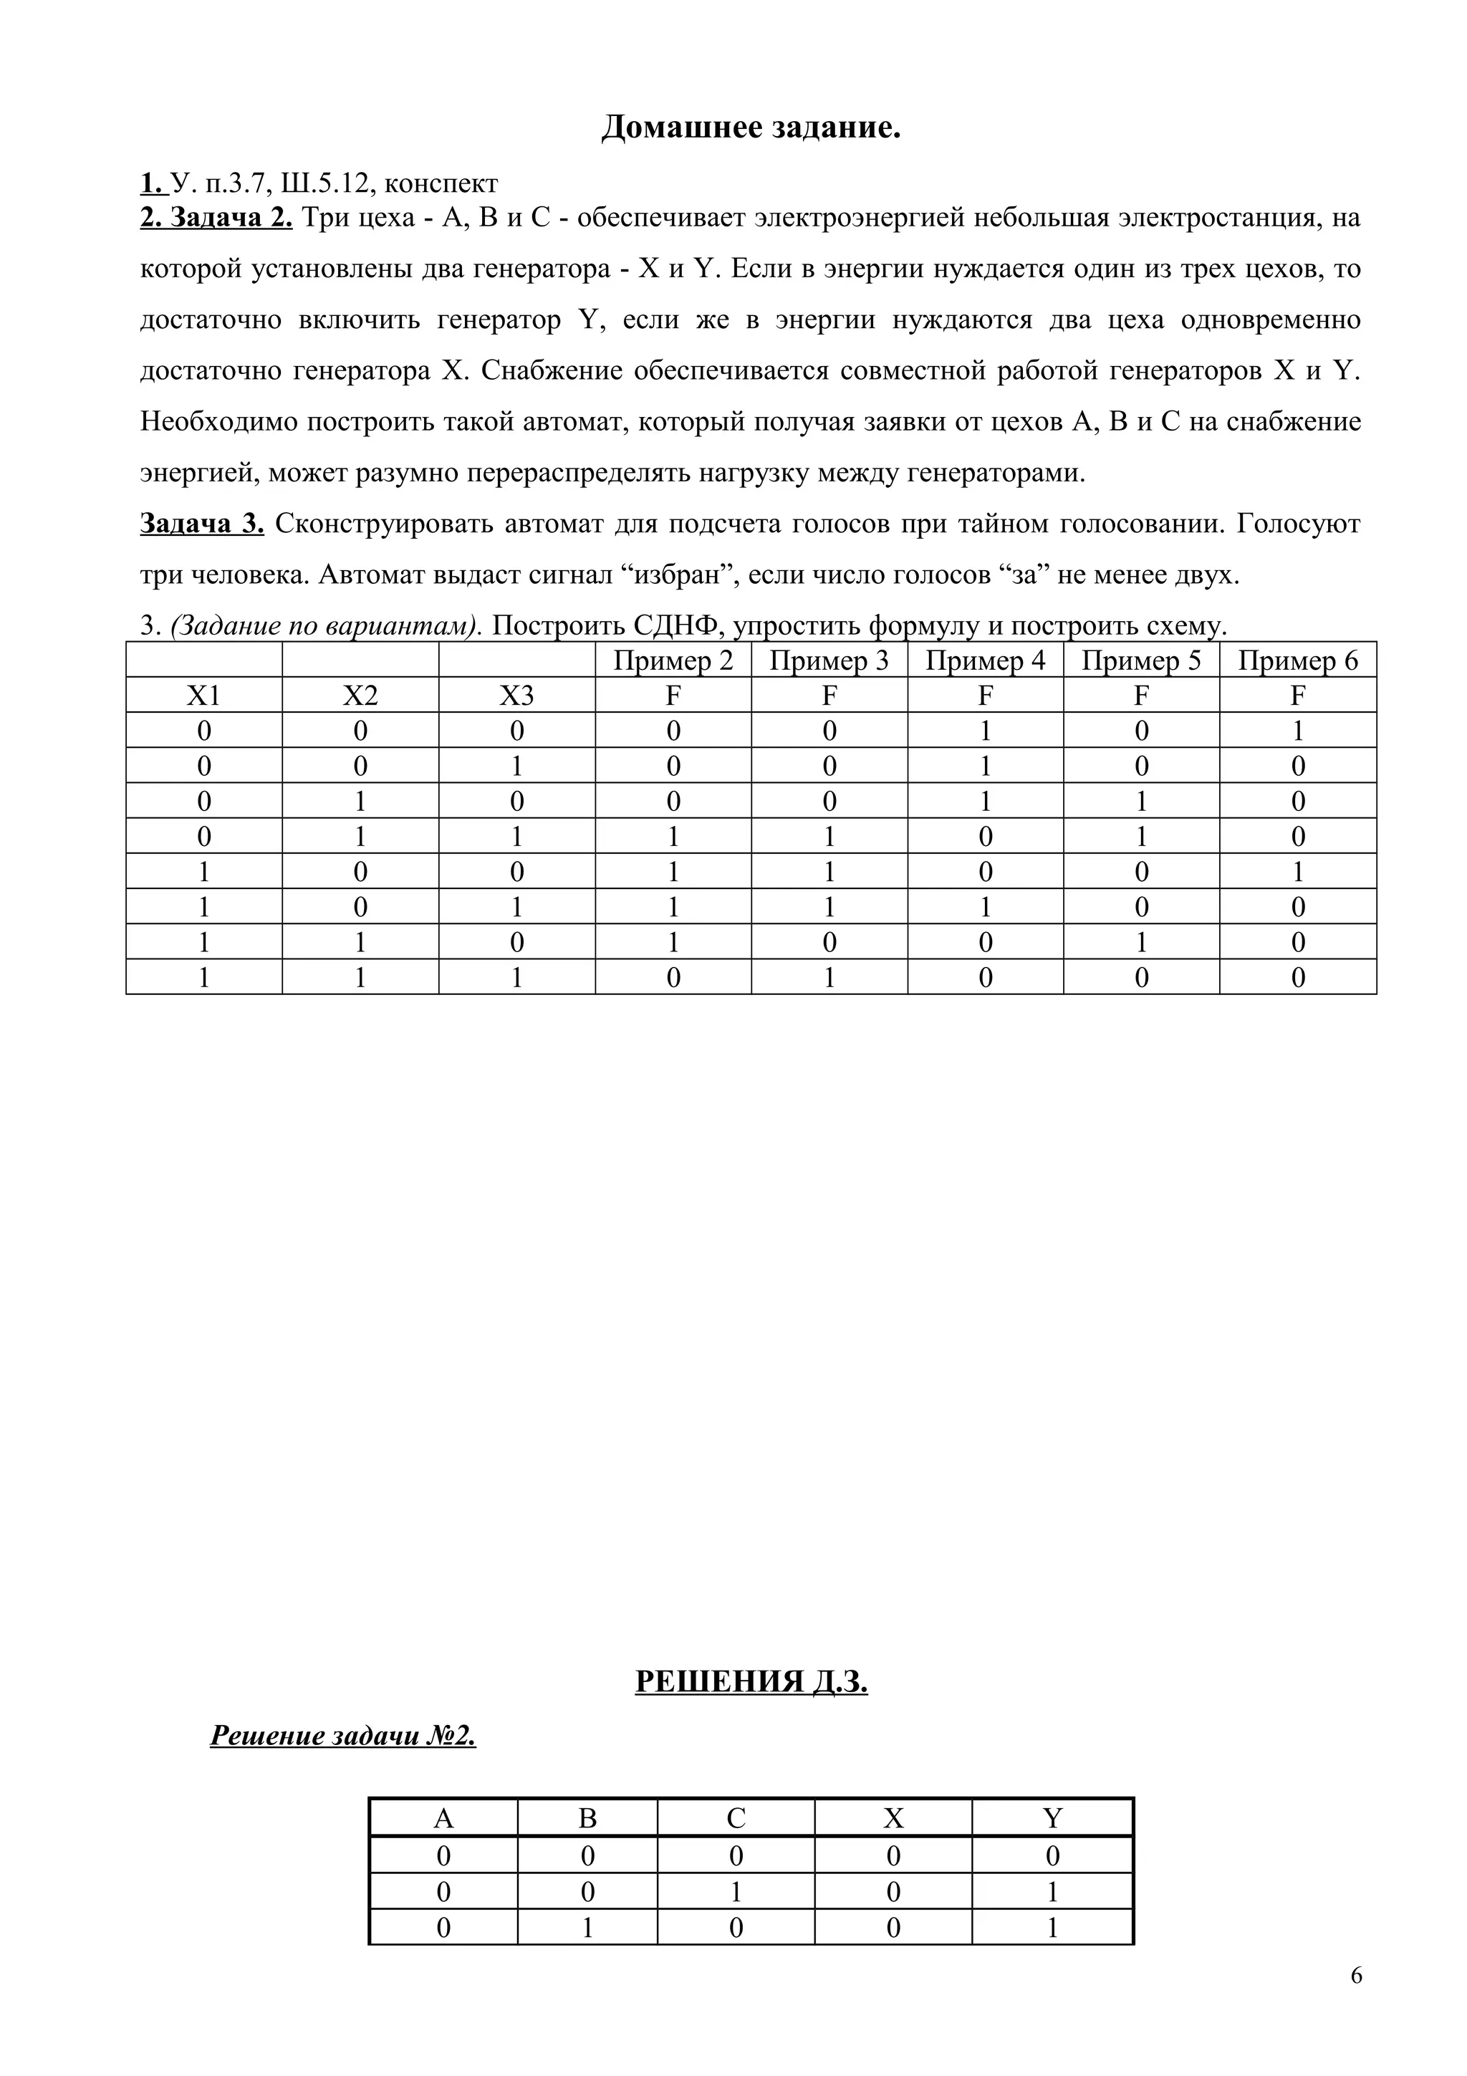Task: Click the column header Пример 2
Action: click(673, 661)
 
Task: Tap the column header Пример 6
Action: click(1297, 661)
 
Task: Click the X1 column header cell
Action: click(203, 696)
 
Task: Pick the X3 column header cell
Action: click(516, 696)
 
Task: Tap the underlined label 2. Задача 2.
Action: click(216, 218)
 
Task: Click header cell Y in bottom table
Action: click(1052, 1818)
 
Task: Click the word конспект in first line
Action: click(441, 183)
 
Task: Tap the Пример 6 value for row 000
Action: click(1297, 731)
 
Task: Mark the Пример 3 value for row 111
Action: click(829, 977)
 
